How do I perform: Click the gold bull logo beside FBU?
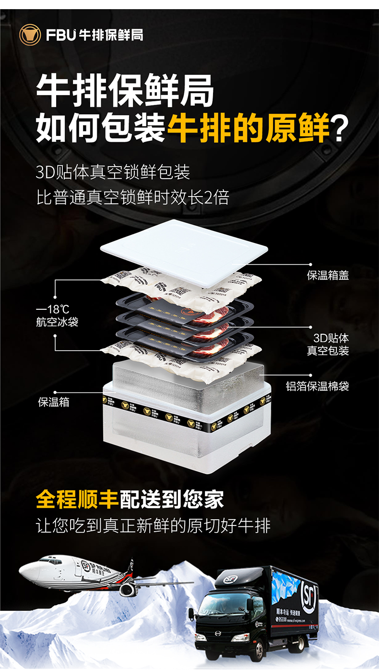click(30, 35)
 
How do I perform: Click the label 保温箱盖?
click(328, 275)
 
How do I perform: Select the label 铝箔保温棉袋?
click(318, 386)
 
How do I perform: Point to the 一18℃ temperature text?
click(52, 309)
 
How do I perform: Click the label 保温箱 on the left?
click(54, 402)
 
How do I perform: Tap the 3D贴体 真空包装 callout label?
click(328, 344)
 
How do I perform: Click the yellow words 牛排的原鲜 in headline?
click(249, 128)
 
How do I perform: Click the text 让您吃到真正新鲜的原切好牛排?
click(154, 525)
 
